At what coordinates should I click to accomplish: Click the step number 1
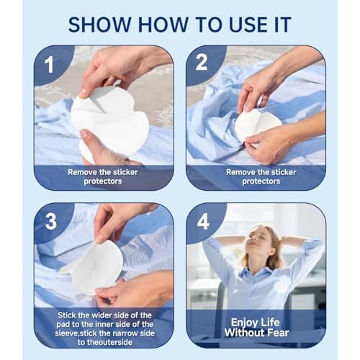pyautogui.click(x=50, y=64)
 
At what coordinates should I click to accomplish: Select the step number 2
pyautogui.click(x=202, y=64)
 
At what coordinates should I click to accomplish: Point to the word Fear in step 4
pyautogui.click(x=279, y=333)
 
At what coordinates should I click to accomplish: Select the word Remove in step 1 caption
pyautogui.click(x=86, y=172)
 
